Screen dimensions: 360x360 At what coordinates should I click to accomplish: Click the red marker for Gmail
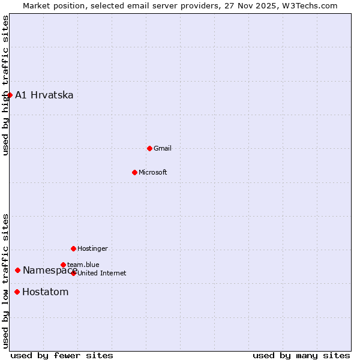pos(149,148)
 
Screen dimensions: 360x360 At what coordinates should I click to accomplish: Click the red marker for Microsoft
pos(134,172)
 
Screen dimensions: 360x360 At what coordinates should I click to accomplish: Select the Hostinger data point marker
pos(73,248)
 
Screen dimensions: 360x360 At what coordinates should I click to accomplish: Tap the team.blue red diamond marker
pos(63,265)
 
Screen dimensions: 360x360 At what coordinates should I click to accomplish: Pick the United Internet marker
pos(73,273)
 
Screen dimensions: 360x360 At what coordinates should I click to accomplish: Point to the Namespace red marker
pos(17,270)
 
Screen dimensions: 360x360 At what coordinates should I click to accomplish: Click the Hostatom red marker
pos(17,292)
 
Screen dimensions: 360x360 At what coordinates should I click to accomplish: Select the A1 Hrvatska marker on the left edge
pos(10,95)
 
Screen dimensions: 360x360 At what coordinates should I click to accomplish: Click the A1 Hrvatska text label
pos(44,95)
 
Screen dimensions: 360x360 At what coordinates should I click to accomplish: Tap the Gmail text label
pos(163,148)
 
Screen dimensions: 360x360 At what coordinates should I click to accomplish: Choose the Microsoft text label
pos(153,172)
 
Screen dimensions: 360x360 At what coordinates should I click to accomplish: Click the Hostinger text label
pos(92,248)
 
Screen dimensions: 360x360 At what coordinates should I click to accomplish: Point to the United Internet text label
pos(102,273)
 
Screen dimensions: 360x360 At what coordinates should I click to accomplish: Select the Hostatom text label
pos(45,292)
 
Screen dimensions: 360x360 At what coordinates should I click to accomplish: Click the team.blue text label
pos(83,265)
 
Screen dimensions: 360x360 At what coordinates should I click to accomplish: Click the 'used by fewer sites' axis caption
pos(62,355)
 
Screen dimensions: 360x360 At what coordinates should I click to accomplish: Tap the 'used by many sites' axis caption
pos(301,355)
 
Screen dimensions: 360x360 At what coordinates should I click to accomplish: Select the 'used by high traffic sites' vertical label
pos(5,85)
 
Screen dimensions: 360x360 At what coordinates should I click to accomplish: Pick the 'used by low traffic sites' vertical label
pos(5,281)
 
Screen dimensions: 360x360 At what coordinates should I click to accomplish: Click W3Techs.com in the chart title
pos(311,5)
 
